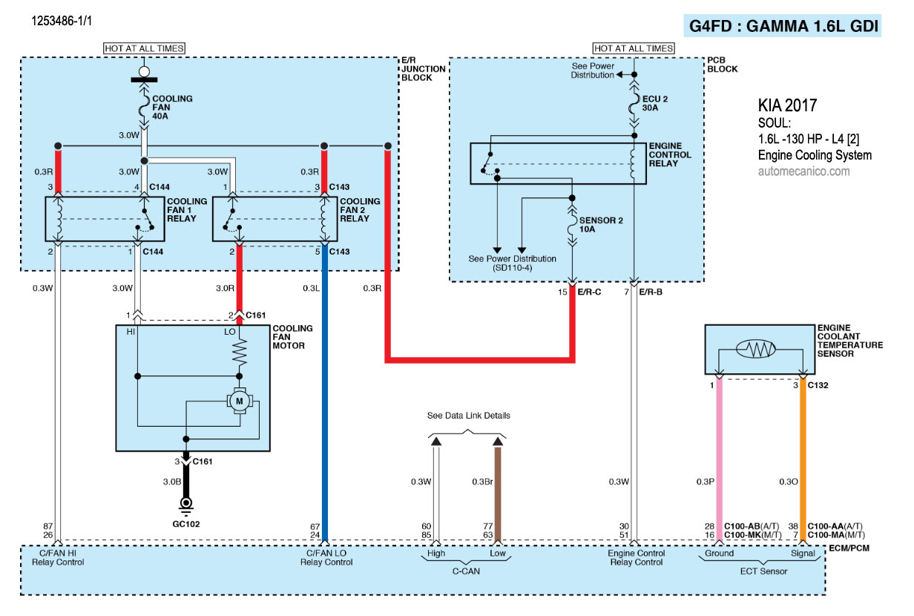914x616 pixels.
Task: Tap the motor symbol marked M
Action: coord(239,401)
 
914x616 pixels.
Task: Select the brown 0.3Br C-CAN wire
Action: coord(499,490)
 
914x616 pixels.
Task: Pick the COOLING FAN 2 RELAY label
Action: coord(359,210)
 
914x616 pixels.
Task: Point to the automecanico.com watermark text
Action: coord(803,171)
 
